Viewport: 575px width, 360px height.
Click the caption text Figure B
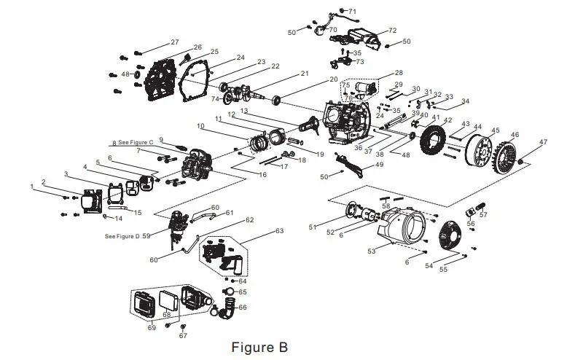coord(259,345)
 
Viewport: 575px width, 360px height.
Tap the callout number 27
coord(174,42)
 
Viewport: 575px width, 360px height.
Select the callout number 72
coord(392,31)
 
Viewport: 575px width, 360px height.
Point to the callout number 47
coord(543,141)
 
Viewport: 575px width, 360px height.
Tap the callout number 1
coord(32,187)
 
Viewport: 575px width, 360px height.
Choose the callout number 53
coord(371,251)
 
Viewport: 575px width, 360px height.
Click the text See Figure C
coord(133,142)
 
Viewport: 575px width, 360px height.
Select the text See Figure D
coord(122,236)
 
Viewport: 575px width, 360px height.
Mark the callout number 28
coord(398,73)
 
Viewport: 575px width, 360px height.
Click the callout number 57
coord(483,215)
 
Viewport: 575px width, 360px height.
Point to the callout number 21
coord(305,73)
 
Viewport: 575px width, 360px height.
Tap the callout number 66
coord(243,308)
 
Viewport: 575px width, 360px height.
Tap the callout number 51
coord(313,228)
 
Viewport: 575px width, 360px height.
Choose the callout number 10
coord(200,126)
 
